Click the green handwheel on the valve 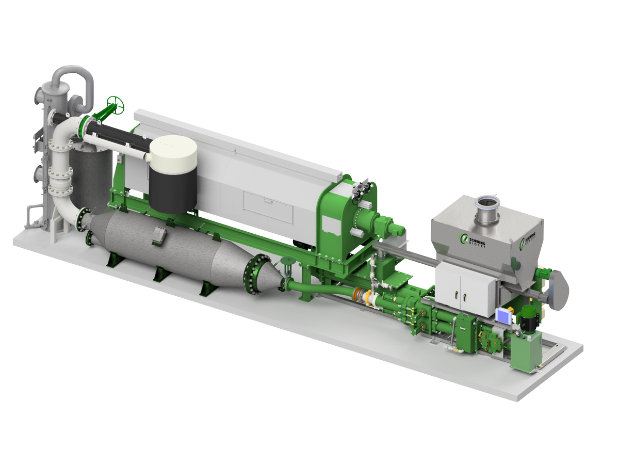(116, 106)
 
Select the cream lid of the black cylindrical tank (173, 150)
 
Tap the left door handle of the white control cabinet (456, 295)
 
